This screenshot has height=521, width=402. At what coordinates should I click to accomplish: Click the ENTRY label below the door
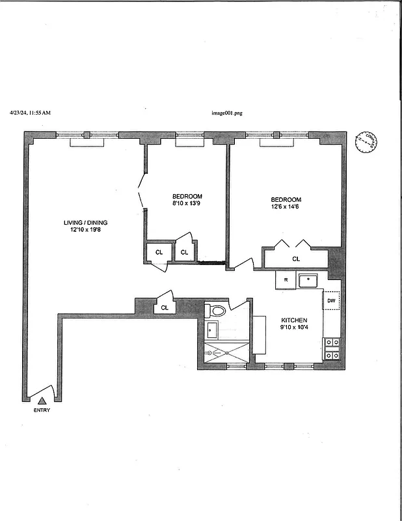42,410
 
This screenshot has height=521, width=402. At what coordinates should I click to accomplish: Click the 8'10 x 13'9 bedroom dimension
187,204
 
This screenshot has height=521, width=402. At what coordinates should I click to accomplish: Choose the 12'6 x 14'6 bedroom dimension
286,206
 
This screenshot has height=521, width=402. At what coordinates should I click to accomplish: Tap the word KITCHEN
293,320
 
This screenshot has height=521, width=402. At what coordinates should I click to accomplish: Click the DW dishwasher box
331,300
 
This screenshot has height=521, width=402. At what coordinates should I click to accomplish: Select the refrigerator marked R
286,281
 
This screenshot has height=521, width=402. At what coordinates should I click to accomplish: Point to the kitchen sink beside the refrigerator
308,281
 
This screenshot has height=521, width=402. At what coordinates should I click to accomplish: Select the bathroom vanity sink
213,330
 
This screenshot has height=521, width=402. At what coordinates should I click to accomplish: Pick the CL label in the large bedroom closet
296,259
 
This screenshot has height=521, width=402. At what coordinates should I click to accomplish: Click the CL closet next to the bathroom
165,307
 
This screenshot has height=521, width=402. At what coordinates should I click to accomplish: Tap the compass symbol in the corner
366,143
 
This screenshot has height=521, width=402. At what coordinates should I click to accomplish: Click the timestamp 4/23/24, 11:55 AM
30,113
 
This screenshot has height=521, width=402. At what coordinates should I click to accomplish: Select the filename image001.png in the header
227,113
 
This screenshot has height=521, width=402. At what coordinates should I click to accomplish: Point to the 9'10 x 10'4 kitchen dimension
293,328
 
